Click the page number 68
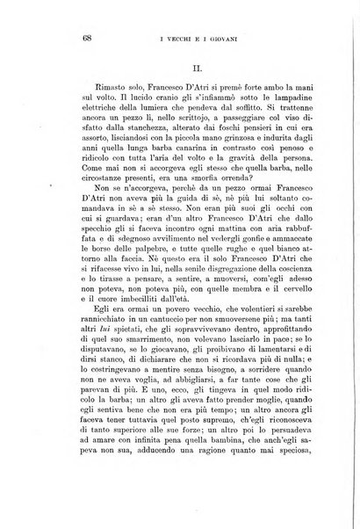(x=63, y=37)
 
